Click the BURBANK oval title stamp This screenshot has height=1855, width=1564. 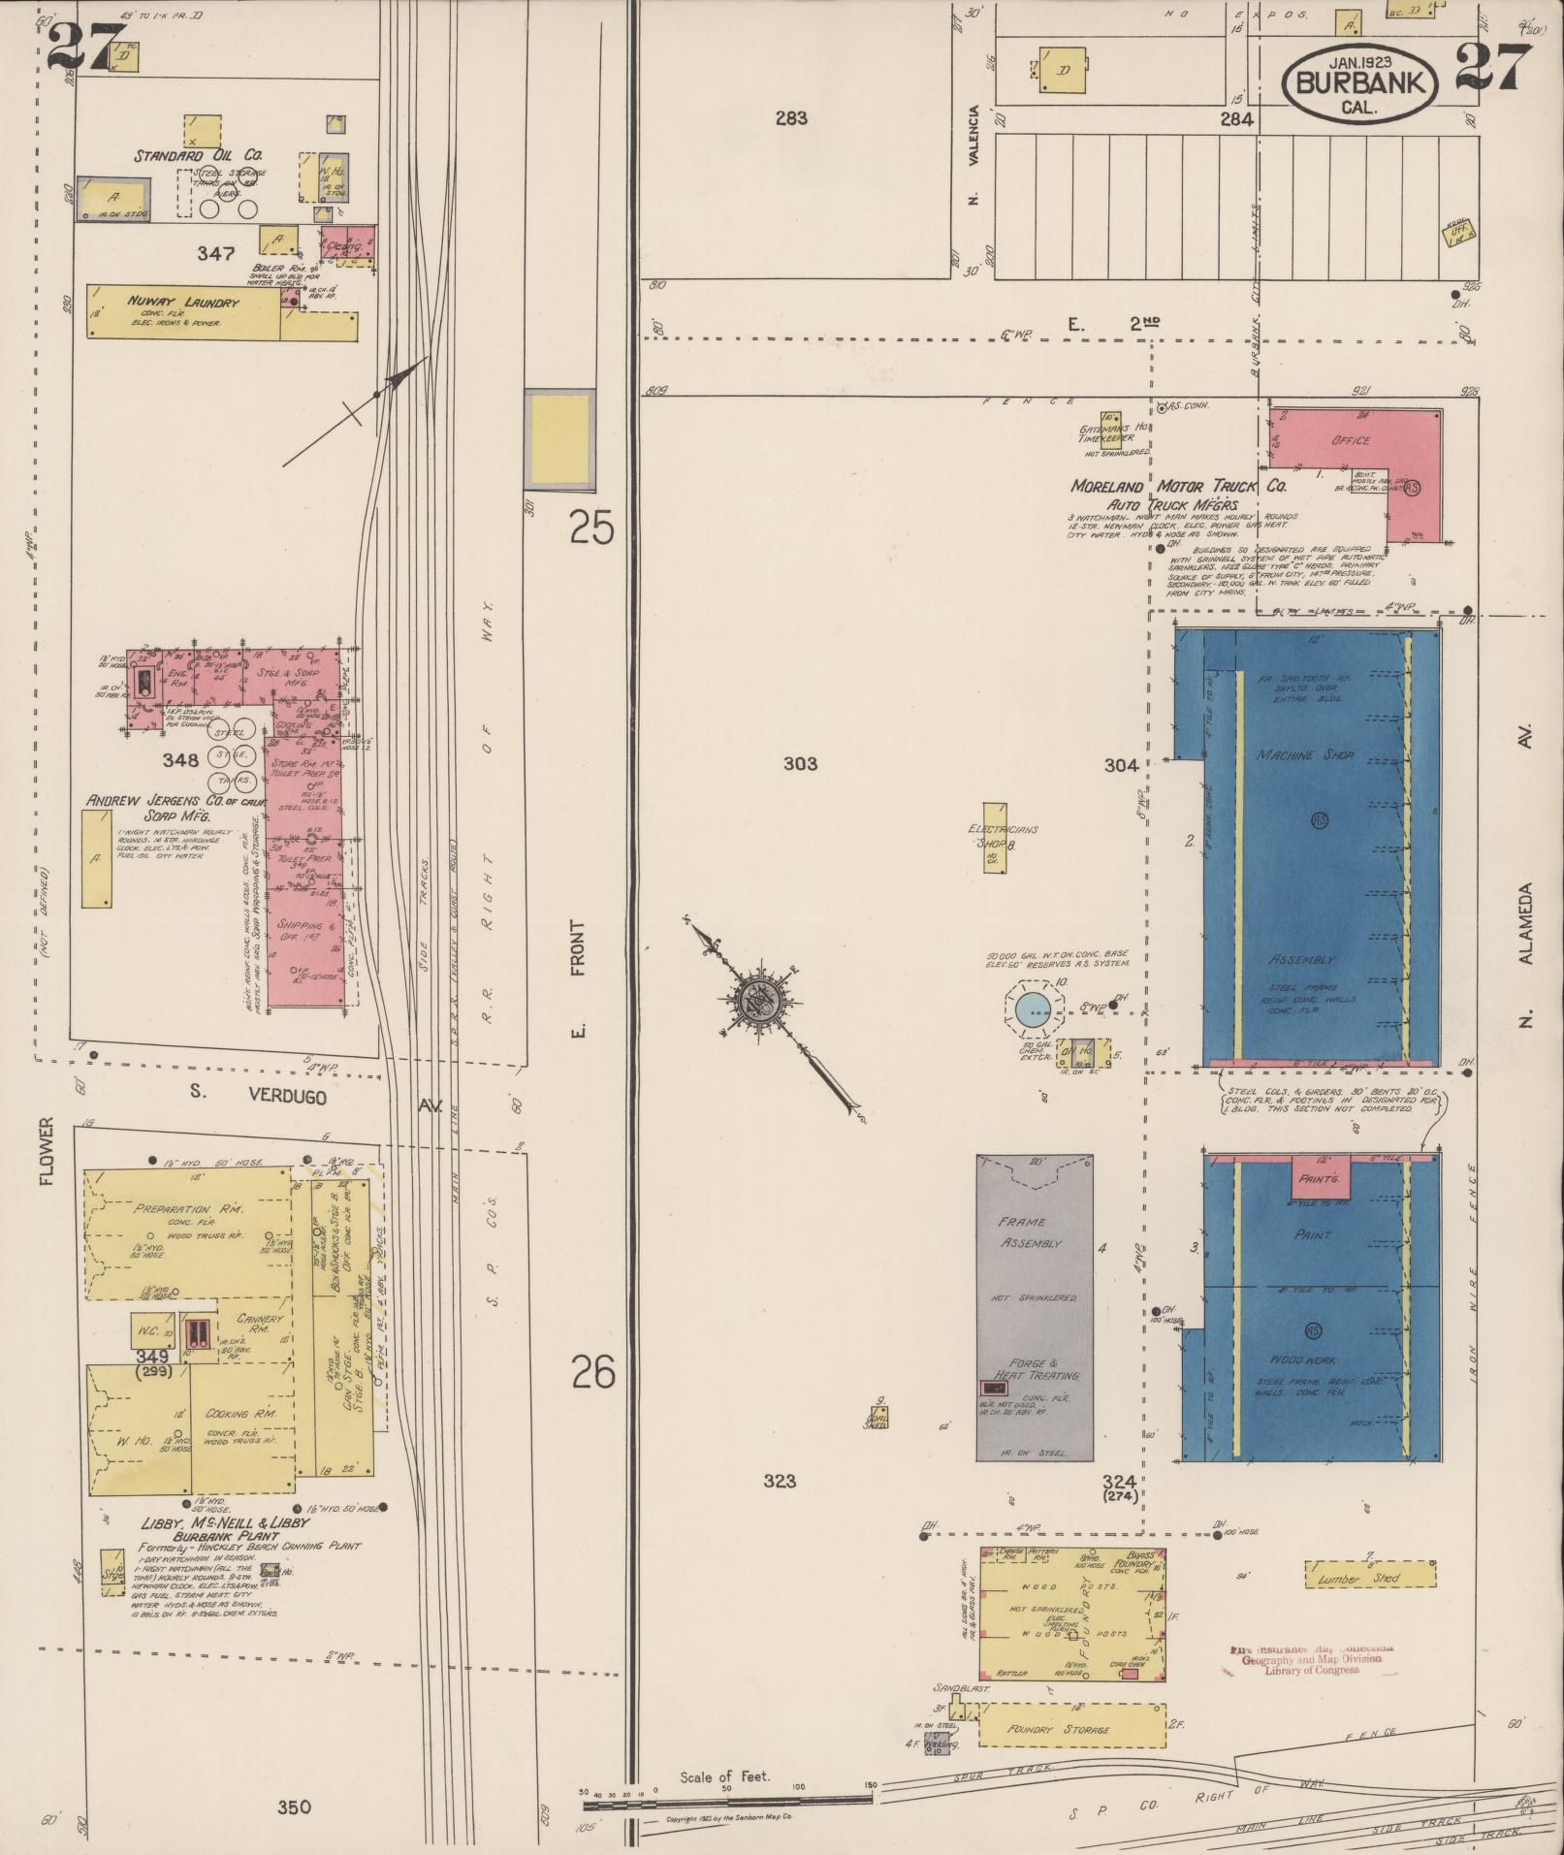[1360, 85]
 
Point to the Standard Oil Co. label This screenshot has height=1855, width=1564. [198, 155]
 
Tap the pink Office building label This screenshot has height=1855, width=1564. [1351, 440]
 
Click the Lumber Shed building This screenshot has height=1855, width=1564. [1369, 1579]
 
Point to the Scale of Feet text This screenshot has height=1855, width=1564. [724, 1776]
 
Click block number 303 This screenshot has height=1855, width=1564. [800, 764]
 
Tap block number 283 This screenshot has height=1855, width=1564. [791, 118]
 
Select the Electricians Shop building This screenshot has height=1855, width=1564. [994, 838]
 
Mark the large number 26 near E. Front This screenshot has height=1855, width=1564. [592, 1373]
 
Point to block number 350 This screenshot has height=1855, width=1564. [294, 1807]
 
